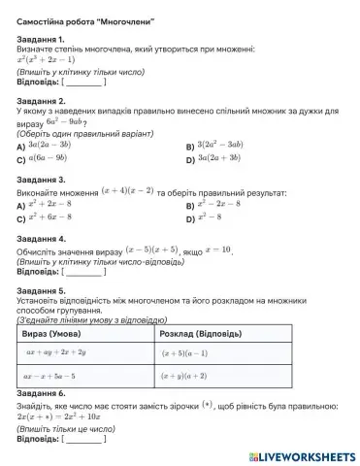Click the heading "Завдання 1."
pyautogui.click(x=42, y=40)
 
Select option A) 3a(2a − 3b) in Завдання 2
pyautogui.click(x=55, y=144)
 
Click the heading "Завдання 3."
pyautogui.click(x=42, y=180)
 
